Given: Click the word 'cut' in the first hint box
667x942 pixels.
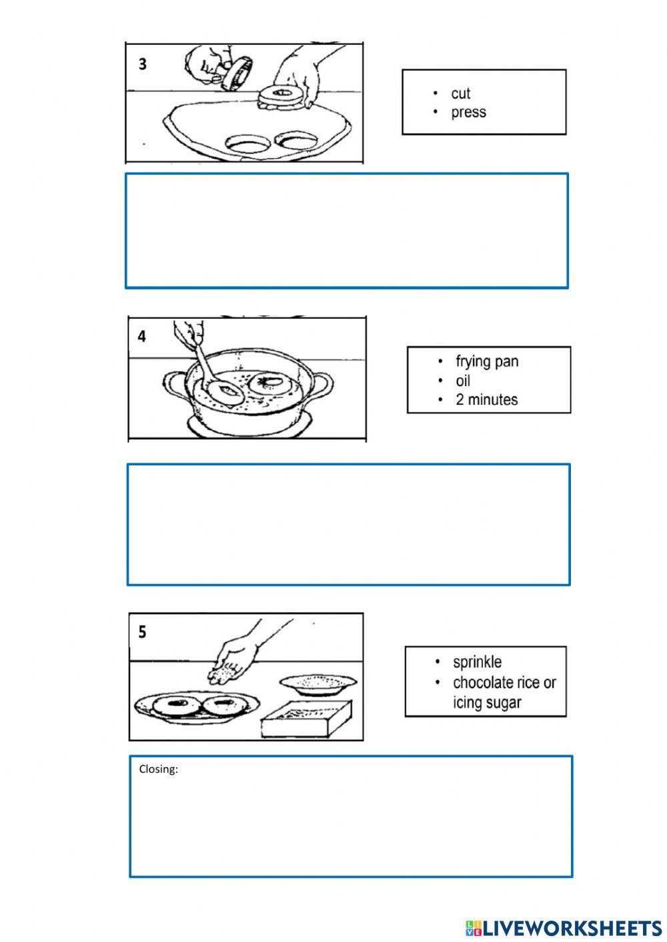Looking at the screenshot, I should coord(460,93).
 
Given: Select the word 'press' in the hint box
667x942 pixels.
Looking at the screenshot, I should coord(468,112).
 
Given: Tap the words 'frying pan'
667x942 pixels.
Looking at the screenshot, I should coord(487,361).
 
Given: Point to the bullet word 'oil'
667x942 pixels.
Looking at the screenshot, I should coord(463,381).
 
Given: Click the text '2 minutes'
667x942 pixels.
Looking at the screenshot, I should coord(487,399).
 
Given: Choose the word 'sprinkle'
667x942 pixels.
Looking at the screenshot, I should coord(477,662).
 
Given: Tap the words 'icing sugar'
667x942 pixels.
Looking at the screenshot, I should coord(487,703).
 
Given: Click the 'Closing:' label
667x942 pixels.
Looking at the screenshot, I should coord(158,769).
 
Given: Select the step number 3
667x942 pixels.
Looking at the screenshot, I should coord(143,64).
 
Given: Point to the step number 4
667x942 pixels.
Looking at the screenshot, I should coord(141,337).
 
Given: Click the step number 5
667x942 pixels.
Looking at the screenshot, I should coord(142,632).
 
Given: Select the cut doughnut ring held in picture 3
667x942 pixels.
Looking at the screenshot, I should coord(283,97).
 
